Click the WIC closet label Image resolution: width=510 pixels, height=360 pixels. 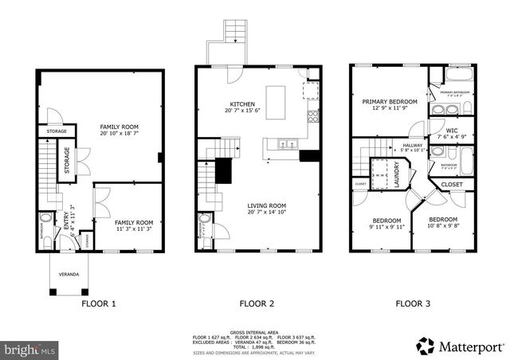point(452,130)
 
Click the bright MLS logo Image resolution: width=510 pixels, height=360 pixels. point(29,349)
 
